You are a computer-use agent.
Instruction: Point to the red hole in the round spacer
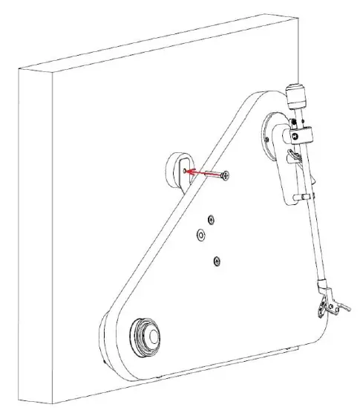183,170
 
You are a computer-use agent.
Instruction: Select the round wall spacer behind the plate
177,170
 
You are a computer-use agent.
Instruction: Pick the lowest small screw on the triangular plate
216,260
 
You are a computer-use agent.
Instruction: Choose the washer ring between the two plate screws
199,235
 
